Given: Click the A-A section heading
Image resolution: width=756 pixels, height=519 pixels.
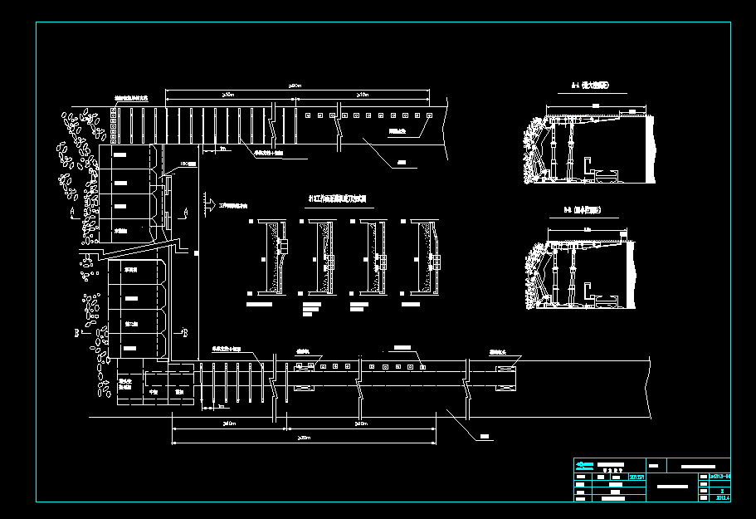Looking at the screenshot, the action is pyautogui.click(x=590, y=86).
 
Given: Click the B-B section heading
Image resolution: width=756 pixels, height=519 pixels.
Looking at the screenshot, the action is pyautogui.click(x=585, y=210).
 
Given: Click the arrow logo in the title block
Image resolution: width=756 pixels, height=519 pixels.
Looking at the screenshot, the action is pyautogui.click(x=584, y=465).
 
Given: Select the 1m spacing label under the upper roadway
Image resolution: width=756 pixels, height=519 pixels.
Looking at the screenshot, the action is pyautogui.click(x=222, y=150).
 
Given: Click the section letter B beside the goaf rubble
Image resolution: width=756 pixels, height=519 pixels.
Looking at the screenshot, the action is pyautogui.click(x=77, y=331).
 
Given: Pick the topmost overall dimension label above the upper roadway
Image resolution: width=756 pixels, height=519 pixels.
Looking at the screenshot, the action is pyautogui.click(x=295, y=86).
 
